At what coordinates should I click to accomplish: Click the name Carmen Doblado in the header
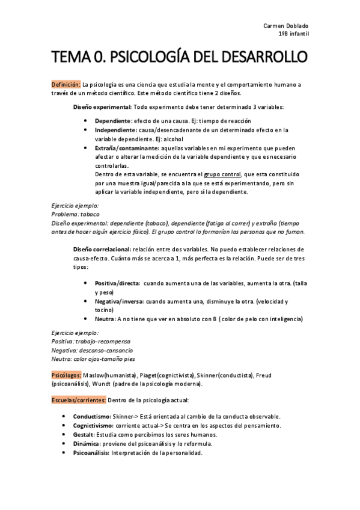(286, 26)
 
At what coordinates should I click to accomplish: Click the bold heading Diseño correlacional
(103, 249)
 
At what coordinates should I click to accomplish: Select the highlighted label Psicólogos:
(66, 375)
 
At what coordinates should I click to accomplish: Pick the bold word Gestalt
(84, 435)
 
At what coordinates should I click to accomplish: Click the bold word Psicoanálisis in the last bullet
(91, 453)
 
